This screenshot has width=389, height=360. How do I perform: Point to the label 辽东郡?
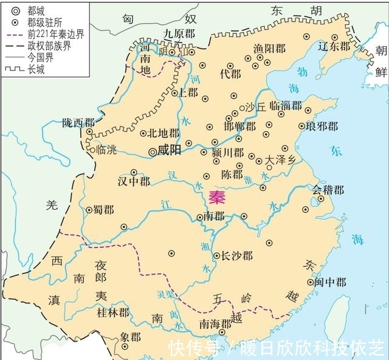click(x=336, y=46)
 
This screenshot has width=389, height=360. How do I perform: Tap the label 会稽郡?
click(x=328, y=190)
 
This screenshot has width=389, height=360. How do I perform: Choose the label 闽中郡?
click(x=331, y=282)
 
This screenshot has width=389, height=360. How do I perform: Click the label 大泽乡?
click(x=280, y=161)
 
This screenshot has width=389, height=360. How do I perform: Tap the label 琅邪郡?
click(x=320, y=127)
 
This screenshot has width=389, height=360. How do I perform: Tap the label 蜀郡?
click(x=104, y=209)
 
